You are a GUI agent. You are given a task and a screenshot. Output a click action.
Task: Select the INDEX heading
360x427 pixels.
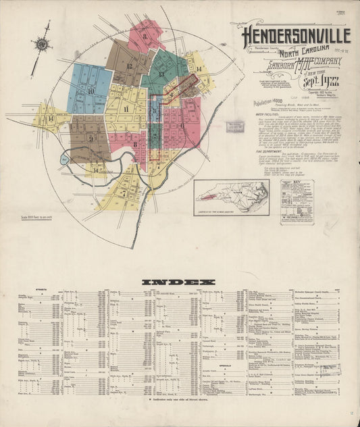[x=178, y=281]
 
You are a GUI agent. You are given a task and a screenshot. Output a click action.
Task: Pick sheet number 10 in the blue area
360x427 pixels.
[x=90, y=90]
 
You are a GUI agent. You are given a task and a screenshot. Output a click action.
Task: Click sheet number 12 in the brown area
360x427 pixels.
[x=128, y=66]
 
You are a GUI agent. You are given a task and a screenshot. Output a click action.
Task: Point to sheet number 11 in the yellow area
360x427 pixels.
[x=126, y=109]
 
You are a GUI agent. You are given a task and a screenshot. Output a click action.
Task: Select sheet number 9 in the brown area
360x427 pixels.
[x=89, y=137]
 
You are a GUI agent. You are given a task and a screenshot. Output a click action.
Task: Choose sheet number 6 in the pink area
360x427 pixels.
[x=180, y=126]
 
